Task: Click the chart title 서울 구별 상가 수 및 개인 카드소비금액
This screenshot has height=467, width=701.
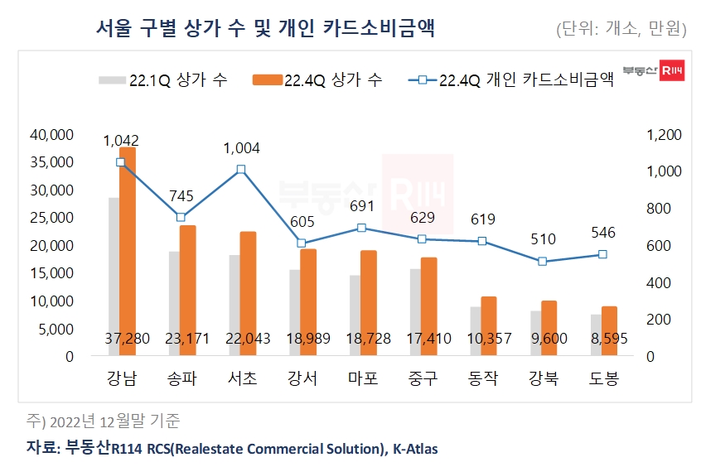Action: pos(265,29)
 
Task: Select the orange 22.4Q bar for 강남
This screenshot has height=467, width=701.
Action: pos(127,248)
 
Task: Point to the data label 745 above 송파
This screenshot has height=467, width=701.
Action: pos(181,196)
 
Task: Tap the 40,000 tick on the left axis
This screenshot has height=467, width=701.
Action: pos(52,135)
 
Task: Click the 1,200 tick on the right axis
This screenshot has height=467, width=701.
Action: pos(663,135)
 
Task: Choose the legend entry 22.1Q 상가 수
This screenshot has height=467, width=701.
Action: pos(163,80)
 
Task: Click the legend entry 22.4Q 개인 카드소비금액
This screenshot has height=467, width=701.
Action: pos(514,80)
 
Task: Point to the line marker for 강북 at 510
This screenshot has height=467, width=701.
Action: pos(543,262)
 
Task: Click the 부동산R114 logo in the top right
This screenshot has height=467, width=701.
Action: pos(653,73)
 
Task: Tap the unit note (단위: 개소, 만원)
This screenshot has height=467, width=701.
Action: pos(621,30)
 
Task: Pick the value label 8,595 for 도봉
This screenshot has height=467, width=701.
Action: pos(602,339)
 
